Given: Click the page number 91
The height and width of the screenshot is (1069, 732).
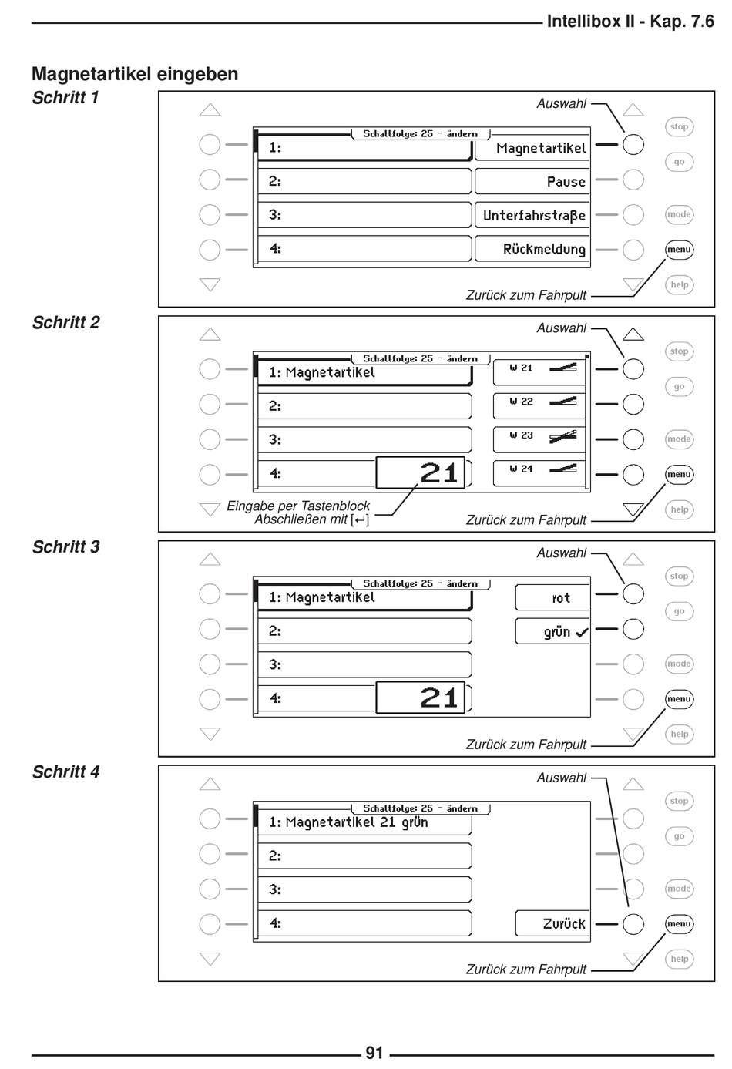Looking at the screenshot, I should pos(374,1053).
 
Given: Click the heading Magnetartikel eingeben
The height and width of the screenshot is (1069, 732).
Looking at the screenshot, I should pos(135,74).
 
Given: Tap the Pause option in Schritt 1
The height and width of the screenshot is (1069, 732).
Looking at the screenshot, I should pos(532,182).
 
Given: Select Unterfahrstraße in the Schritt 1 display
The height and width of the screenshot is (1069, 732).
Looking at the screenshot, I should pos(532,216).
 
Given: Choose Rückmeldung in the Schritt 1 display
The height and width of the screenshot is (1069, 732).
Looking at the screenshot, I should pos(532,249).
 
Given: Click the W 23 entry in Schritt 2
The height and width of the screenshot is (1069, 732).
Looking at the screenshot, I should pos(539,436).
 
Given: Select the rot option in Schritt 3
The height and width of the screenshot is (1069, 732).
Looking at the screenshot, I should pos(552,597).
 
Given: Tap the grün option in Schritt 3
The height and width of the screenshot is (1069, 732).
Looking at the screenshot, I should pos(552,632).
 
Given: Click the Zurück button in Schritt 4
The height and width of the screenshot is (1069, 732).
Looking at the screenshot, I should pos(552,923).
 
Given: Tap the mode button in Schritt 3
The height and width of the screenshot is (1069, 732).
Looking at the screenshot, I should pos(679,664).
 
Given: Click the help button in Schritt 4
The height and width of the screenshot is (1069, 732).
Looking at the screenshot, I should pos(679,959).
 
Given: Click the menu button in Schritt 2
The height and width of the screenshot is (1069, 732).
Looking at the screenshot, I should pos(679,474).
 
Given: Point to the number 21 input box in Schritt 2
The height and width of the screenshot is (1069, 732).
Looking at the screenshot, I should pos(421,472).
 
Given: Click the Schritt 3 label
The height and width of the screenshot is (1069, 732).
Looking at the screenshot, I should pos(66,547).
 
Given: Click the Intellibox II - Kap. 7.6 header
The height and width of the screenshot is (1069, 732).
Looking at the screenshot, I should pos(630,21).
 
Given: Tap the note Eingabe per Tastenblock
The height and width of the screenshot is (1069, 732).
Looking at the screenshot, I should pos(298,506).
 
